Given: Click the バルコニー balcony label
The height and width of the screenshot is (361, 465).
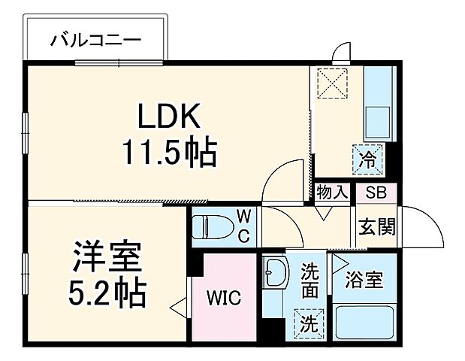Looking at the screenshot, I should (x=95, y=40).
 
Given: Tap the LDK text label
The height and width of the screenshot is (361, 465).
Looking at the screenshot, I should (x=168, y=118).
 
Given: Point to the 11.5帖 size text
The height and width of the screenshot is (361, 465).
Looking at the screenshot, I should (x=170, y=153).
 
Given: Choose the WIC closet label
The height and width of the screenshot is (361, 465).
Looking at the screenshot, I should (x=224, y=298).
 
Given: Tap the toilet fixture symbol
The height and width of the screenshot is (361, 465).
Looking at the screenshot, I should (x=211, y=226).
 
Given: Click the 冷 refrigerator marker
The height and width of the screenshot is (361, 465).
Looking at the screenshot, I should (x=368, y=159).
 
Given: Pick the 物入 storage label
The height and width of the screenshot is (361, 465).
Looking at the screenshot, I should (x=332, y=193).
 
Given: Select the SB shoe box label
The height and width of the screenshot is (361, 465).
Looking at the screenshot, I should (x=376, y=193).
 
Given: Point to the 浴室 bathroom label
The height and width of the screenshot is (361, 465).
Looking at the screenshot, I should (x=364, y=282).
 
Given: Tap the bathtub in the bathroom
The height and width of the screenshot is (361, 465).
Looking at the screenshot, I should (x=365, y=323).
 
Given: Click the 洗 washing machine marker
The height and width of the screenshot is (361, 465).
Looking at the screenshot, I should (x=308, y=323).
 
